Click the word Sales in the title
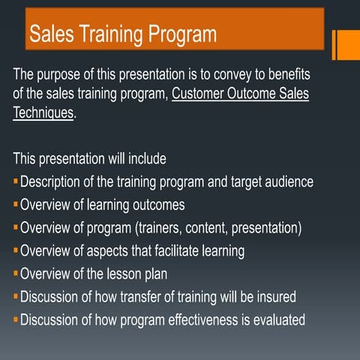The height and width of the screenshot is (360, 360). [53, 34]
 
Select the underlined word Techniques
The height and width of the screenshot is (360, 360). [43, 113]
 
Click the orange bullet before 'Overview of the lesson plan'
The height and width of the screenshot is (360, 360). [16, 274]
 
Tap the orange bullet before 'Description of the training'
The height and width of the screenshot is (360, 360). [16, 181]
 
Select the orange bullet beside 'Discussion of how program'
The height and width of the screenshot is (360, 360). [16, 319]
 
